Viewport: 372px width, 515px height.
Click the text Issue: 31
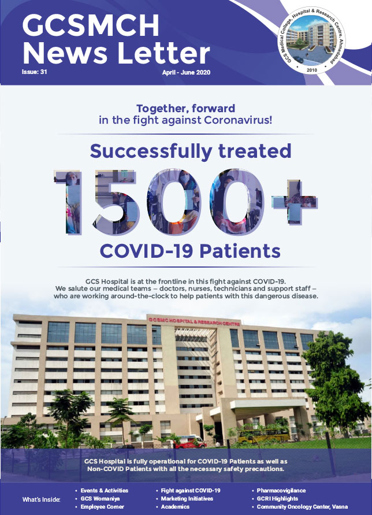[35, 72]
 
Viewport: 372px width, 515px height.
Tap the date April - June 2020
[186, 72]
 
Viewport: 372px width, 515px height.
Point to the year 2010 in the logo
[311, 70]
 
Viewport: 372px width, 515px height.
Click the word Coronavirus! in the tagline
[238, 120]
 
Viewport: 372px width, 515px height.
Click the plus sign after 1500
[294, 201]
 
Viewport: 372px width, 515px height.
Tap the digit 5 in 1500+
[117, 202]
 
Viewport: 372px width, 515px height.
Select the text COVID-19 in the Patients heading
[147, 251]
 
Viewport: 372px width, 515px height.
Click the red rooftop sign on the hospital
[194, 321]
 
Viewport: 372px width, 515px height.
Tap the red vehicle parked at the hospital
[190, 442]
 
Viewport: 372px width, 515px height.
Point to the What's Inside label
[41, 499]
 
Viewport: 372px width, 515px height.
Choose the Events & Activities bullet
[104, 490]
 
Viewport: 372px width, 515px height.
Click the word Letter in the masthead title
[162, 53]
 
